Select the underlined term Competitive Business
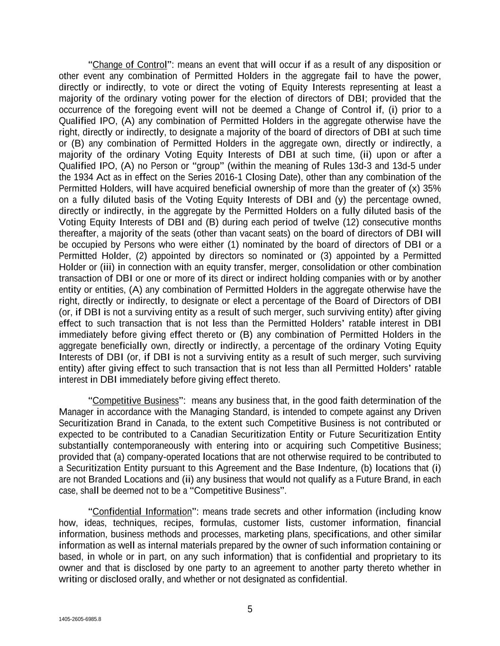[136, 401]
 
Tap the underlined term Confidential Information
[142, 512]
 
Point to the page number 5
[250, 609]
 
